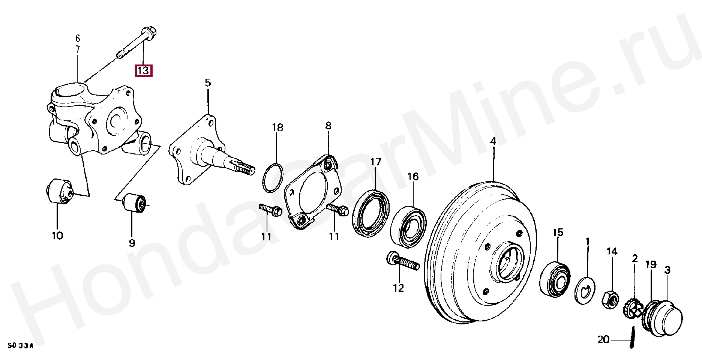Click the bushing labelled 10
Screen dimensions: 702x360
coord(60,191)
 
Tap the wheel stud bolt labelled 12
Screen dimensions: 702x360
coord(402,262)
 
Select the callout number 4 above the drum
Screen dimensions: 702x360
coord(493,141)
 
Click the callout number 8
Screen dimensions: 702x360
coord(328,126)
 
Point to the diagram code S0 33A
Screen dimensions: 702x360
coord(20,345)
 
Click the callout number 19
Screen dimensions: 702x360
coord(651,264)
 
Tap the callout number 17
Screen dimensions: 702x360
coord(375,162)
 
